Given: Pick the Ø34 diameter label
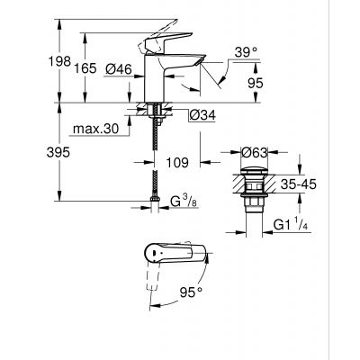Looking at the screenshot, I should [x=202, y=114].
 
